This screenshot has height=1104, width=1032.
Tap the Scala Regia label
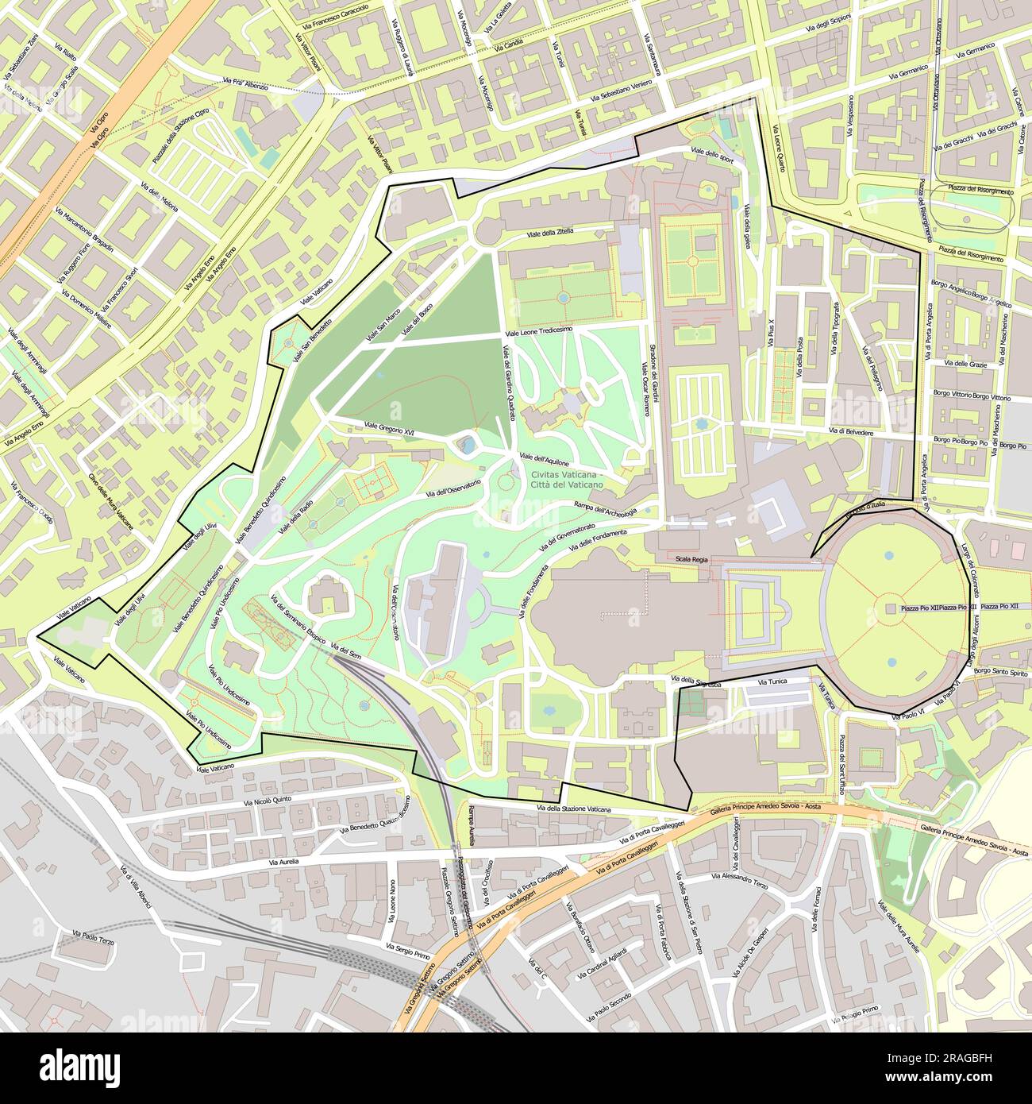[691, 559]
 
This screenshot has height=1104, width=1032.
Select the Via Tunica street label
[773, 681]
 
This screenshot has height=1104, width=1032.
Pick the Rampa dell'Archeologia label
[605, 508]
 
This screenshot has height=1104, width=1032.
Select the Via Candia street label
[509, 47]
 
